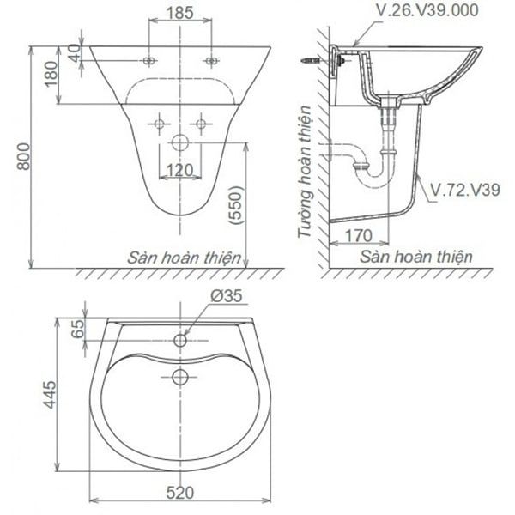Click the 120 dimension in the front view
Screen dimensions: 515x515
point(179,170)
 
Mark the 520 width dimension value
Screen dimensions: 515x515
point(179,493)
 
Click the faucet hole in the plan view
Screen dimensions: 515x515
point(181,340)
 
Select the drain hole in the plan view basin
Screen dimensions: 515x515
point(181,376)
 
